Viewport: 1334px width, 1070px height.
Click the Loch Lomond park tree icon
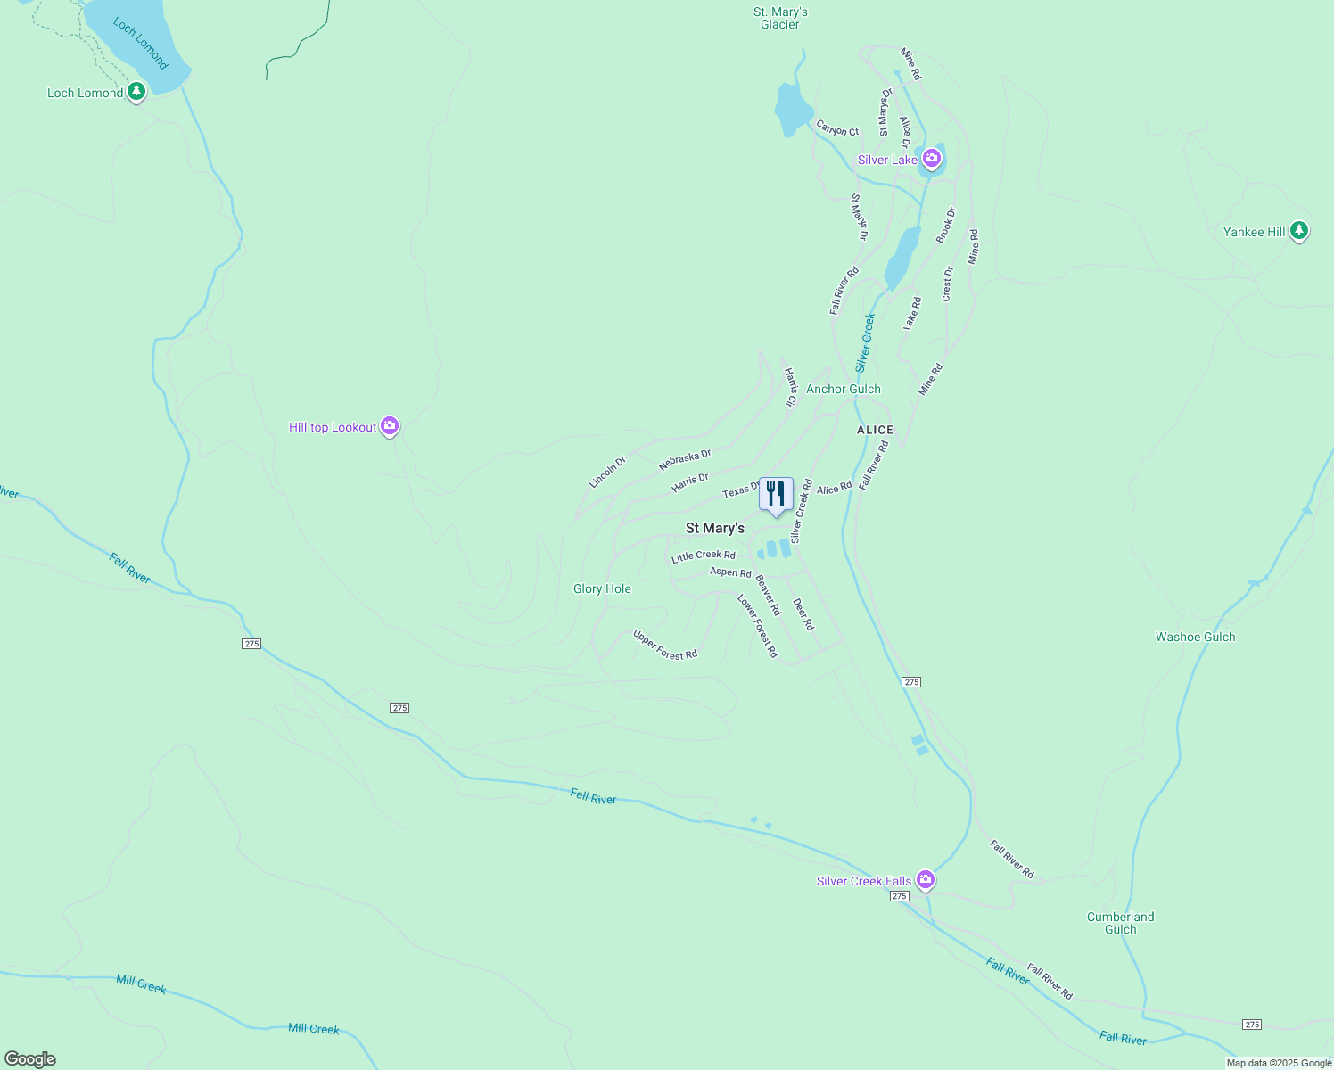point(136,91)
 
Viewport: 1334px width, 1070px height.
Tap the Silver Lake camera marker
point(932,159)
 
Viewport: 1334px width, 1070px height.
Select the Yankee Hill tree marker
point(1299,231)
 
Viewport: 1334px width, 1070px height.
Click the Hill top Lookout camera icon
point(389,426)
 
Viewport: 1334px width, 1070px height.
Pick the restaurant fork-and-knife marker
point(776,494)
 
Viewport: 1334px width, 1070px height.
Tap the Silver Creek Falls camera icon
point(926,880)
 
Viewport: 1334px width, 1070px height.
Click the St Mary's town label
point(714,528)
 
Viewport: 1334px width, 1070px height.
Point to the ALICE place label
point(875,430)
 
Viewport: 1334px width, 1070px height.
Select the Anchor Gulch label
point(843,389)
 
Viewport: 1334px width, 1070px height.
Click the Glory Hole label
point(602,588)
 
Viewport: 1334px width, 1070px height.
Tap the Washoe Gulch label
point(1195,637)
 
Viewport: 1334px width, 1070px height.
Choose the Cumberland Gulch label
point(1120,923)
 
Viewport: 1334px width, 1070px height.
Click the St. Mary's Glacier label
point(780,18)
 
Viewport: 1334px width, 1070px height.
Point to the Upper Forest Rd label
point(665,645)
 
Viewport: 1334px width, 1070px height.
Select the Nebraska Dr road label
point(685,460)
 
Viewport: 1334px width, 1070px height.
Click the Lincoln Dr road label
point(607,473)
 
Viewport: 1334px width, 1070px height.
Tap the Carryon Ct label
point(837,128)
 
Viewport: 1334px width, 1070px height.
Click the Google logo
point(30,1059)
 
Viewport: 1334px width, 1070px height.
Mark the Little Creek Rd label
point(704,556)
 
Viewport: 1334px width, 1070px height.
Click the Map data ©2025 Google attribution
point(1279,1063)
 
